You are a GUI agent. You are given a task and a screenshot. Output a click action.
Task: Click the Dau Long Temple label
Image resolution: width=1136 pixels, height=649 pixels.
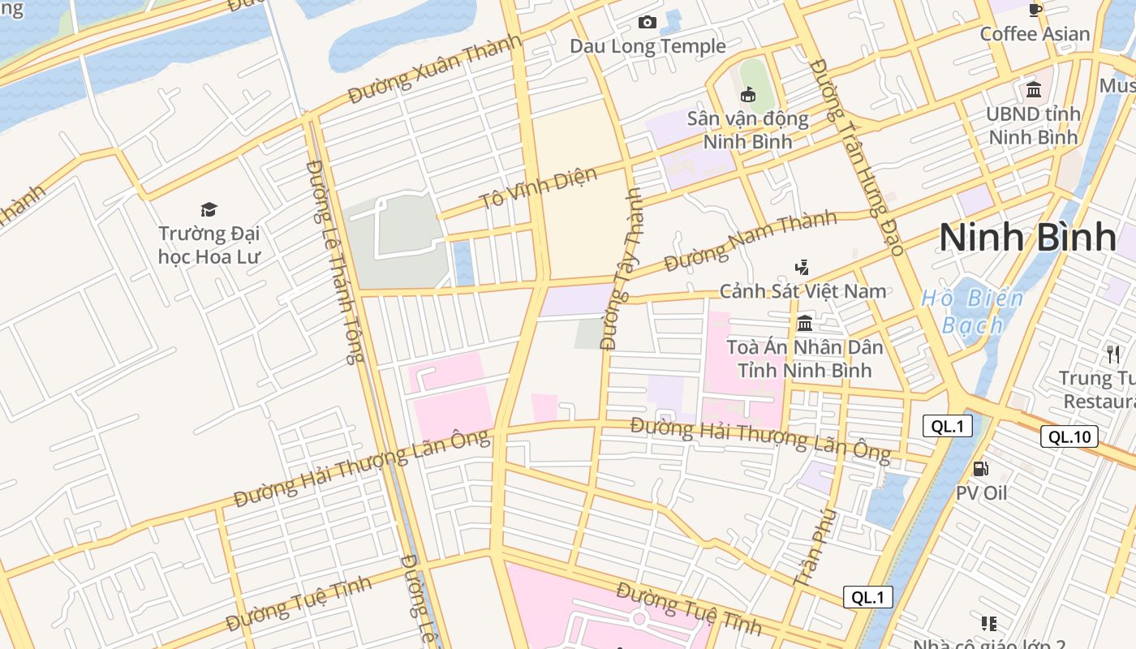point(647,46)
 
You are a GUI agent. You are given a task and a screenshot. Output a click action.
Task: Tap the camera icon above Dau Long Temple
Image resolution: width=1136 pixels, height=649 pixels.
point(647,22)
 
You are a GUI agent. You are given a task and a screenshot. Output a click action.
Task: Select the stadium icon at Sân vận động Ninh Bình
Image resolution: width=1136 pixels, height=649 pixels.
point(748,95)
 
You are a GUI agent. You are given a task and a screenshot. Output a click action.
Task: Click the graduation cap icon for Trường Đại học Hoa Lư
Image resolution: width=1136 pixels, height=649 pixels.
point(209,209)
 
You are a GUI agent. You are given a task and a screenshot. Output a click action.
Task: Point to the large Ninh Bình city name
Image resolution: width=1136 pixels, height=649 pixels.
point(1027,237)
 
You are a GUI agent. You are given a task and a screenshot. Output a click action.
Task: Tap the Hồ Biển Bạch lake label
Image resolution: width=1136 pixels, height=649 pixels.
point(972,312)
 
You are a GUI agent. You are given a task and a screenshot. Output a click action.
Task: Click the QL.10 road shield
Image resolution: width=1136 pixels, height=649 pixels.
point(1069,436)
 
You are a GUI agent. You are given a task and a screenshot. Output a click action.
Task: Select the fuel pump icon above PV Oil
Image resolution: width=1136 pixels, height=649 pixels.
point(980,469)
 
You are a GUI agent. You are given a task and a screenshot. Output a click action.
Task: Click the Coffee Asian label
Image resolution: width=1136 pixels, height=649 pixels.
point(1034,34)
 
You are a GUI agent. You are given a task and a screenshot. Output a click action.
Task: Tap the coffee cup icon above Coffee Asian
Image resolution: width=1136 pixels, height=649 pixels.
point(1035,10)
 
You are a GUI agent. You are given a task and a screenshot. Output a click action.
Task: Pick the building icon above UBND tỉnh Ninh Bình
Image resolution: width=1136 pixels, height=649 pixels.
point(1033,89)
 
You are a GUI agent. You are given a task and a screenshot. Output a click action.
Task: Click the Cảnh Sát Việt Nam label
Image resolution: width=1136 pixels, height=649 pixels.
point(803,291)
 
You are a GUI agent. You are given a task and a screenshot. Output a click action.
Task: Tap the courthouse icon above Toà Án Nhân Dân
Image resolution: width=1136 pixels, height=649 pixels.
point(804,323)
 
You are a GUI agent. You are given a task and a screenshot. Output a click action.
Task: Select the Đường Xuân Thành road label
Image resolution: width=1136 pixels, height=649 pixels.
point(434,71)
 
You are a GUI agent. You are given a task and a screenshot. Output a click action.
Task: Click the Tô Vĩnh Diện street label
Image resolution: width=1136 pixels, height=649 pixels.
point(538,188)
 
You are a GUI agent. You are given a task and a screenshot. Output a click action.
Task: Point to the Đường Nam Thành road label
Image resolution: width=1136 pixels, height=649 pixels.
point(750,241)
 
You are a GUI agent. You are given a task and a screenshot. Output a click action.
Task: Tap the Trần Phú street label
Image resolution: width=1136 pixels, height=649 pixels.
point(815,548)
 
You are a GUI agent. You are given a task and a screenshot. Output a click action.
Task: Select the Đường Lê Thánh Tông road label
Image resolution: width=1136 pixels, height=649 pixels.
point(334,261)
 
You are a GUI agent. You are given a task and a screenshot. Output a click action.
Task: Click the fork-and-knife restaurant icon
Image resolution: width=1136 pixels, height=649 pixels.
point(1112,354)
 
